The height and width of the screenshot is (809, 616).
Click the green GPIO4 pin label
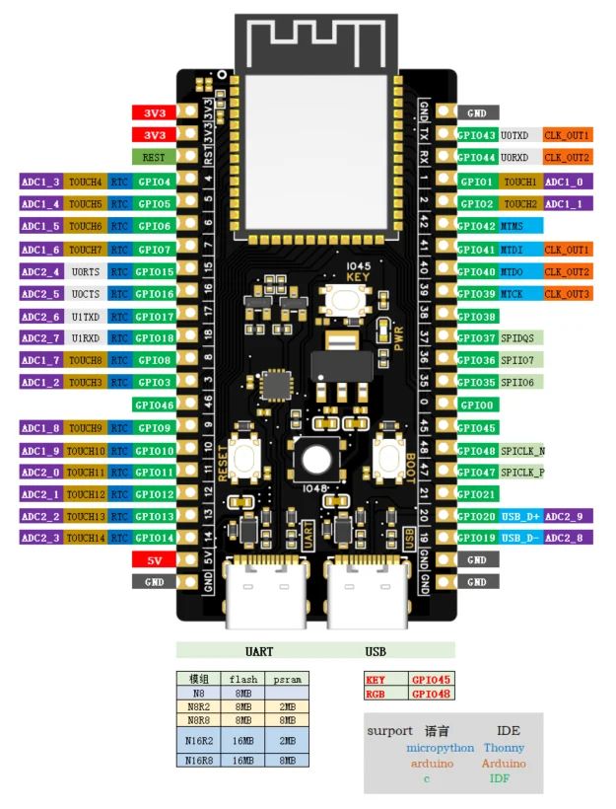pos(155,182)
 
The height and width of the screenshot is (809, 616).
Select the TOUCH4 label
pos(86,182)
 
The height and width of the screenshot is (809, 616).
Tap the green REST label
pos(154,157)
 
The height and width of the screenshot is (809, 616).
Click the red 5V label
pos(154,559)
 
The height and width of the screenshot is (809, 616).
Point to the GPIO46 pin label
pos(155,404)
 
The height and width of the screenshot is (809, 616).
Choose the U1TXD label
pos(86,316)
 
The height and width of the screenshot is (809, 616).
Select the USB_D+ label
pos(519,516)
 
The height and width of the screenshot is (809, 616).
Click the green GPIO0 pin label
pos(477,404)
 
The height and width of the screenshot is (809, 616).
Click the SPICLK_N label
pos(522,450)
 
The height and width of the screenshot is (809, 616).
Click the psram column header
pos(286,679)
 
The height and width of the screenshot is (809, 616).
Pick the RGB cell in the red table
pos(376,694)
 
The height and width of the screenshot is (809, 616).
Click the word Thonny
pos(505,748)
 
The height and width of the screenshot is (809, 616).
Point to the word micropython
pos(440,748)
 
